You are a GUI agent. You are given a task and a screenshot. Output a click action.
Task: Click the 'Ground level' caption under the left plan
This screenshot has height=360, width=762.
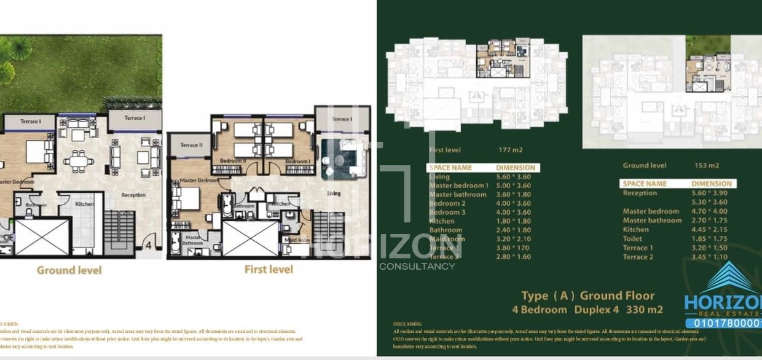(x=69, y=270)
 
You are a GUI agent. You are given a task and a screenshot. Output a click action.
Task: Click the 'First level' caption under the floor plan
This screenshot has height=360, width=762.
(x=269, y=269)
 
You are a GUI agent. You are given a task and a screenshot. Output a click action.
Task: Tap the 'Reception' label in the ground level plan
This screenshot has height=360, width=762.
(x=133, y=195)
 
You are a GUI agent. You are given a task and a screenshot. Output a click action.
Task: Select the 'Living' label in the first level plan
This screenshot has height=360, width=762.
(x=334, y=193)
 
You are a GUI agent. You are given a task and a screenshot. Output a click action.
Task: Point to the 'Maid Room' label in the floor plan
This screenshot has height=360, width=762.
(x=296, y=240)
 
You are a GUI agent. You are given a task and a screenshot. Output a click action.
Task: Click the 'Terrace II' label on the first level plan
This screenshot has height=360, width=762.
(x=191, y=145)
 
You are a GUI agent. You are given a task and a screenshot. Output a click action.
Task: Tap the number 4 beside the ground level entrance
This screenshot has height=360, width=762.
(x=147, y=245)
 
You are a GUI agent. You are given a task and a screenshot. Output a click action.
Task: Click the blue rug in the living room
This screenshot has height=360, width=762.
(x=338, y=158)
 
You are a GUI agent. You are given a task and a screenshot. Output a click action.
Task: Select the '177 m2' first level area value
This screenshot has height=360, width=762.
(x=511, y=149)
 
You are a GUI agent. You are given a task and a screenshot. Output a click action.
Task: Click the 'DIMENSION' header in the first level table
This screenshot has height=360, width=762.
(x=516, y=168)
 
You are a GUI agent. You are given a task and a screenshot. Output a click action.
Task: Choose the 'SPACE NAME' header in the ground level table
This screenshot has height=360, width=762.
(x=645, y=184)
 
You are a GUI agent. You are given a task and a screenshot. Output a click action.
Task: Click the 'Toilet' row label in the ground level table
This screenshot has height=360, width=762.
(x=632, y=238)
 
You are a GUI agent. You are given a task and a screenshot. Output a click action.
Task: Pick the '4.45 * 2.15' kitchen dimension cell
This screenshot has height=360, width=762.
(x=710, y=229)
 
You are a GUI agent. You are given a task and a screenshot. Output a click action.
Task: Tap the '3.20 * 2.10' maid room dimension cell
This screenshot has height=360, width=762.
(x=513, y=239)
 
